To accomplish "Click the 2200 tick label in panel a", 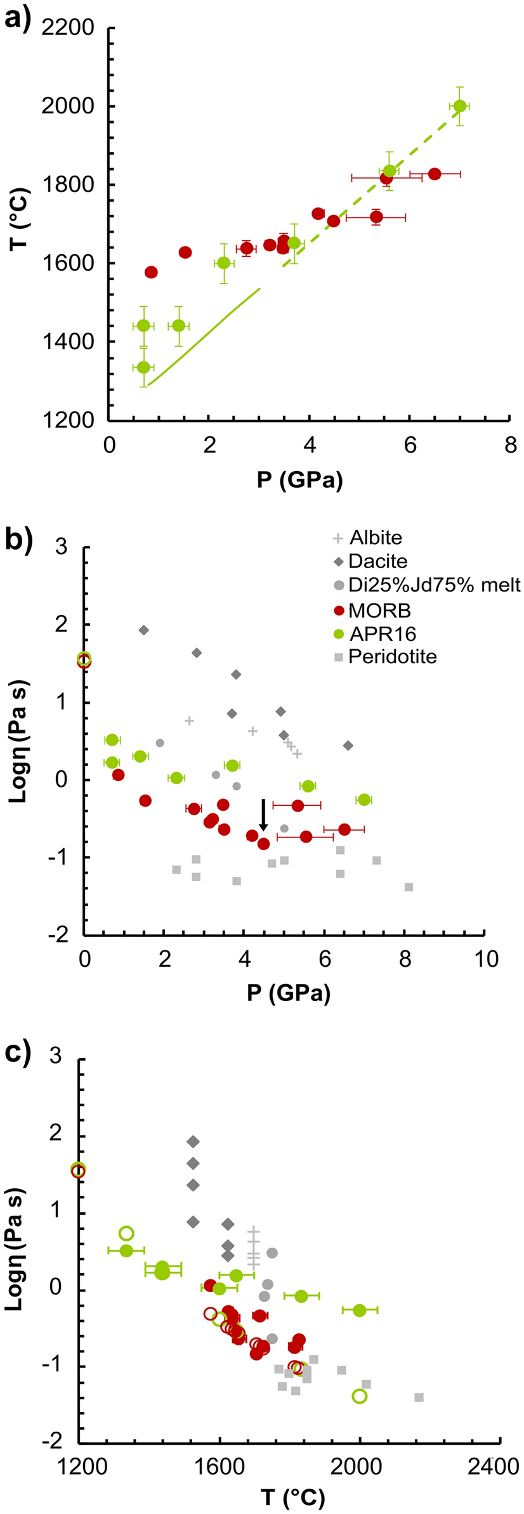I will point(68,28).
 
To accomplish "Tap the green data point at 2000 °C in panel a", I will point(460,107).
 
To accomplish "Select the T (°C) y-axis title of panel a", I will point(20,219).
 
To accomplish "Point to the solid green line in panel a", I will point(203,336).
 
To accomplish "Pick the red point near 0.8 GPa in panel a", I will point(151,273).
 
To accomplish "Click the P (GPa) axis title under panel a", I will point(300,480).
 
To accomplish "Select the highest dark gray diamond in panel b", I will point(144,630).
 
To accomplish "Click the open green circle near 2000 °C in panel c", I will point(360,1395).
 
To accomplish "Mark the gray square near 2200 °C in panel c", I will point(419,1397).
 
